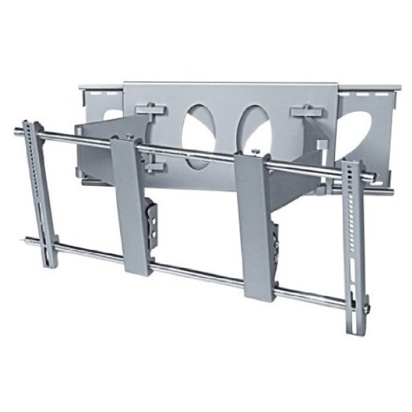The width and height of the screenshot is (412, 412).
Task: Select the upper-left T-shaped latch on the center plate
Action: point(150,110)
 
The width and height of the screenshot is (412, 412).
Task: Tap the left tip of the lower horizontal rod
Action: point(28,241)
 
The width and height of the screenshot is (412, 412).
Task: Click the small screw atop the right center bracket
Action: point(255,152)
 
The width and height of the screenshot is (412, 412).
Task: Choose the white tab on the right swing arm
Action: point(321,146)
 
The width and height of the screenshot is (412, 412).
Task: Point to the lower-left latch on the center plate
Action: point(152,164)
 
